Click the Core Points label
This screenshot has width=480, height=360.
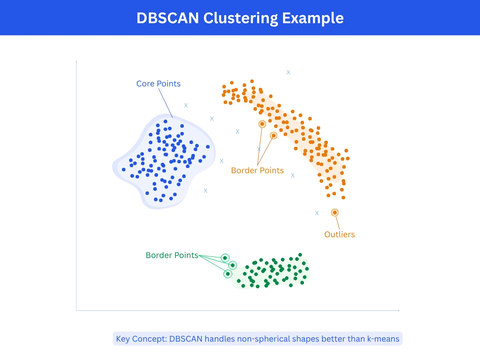[158, 84]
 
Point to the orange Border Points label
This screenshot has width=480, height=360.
[257, 170]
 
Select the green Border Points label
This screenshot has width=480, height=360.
[172, 255]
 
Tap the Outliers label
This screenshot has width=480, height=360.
[340, 234]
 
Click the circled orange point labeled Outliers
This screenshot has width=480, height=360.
[335, 212]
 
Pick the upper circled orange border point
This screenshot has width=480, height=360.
[262, 124]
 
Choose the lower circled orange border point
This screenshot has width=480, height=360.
[273, 136]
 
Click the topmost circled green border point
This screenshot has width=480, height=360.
[225, 258]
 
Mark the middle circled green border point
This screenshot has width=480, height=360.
[232, 265]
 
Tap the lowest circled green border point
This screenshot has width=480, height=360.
[228, 274]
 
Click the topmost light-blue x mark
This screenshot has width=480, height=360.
[288, 72]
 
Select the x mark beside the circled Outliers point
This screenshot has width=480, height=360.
[317, 213]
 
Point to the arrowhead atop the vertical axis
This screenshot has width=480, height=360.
[76, 62]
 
